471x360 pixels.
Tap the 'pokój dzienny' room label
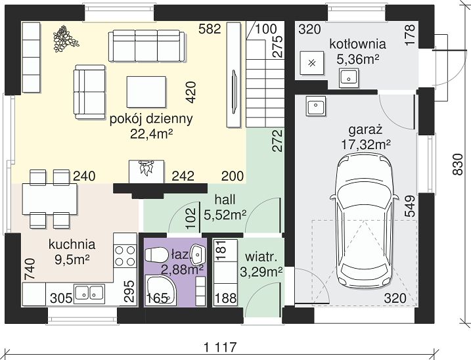coord(151,120)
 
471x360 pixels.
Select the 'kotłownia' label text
coord(357,44)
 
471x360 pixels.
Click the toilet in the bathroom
coord(156,254)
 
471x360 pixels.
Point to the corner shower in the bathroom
coord(160,290)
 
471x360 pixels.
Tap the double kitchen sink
coord(89,292)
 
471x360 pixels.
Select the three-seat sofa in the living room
coord(146,46)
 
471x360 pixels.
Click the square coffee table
coord(146,92)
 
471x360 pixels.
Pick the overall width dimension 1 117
coord(220,348)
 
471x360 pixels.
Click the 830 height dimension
coord(457,164)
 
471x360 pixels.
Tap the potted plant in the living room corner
coord(65,38)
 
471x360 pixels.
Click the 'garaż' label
coord(365,131)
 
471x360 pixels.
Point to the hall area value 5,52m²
coord(225,215)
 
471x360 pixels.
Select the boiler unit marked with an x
coord(312,63)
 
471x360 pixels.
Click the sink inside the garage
coord(316,106)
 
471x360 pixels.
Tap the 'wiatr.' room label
coord(261,258)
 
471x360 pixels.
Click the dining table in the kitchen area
coord(50,199)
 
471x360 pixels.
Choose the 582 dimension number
coord(210,29)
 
